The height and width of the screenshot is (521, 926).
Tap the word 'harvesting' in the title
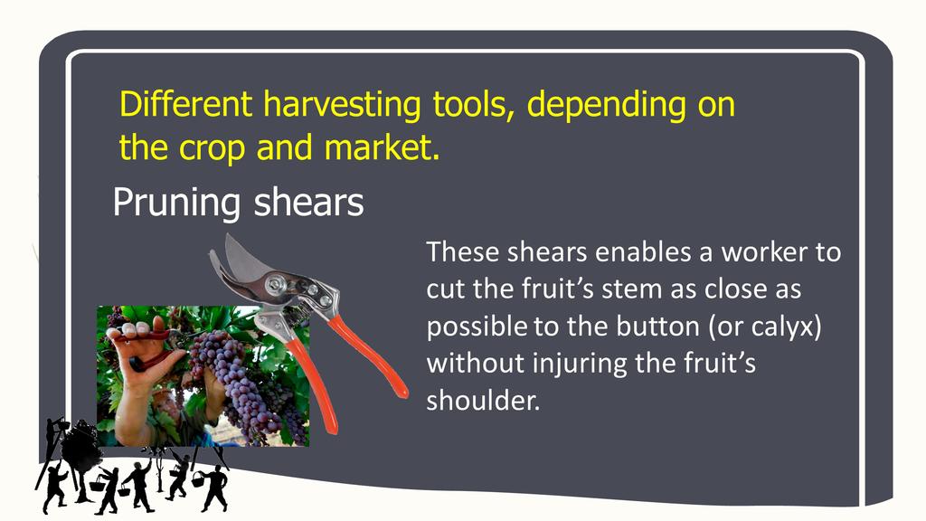[342, 105]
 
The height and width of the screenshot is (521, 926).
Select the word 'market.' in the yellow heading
[383, 147]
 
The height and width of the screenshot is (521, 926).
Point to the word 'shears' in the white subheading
[308, 202]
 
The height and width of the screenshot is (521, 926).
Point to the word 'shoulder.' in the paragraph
[483, 401]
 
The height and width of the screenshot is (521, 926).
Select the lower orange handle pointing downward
[311, 383]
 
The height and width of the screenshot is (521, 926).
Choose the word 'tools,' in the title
[473, 104]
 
